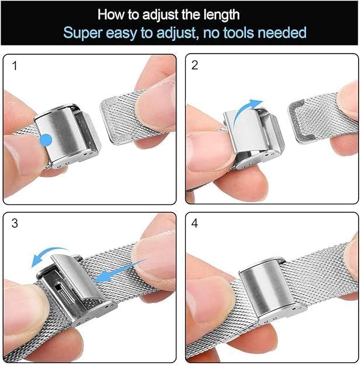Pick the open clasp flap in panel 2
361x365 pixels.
[245, 131]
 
